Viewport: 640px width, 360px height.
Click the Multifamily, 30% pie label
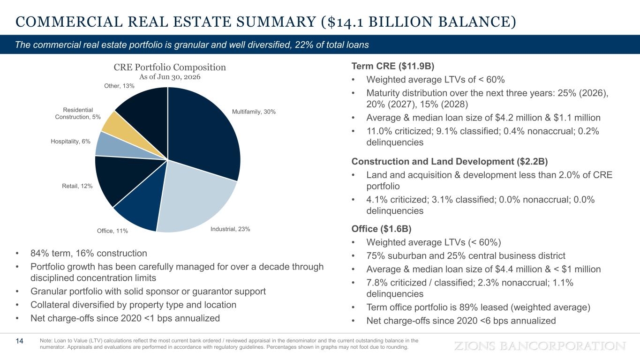(254, 112)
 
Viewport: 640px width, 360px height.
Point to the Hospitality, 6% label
(70, 142)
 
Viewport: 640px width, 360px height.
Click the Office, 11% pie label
(112, 231)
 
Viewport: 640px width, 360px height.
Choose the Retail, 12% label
(77, 186)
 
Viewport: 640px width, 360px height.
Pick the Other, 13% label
(119, 86)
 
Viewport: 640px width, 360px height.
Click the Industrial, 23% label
(230, 229)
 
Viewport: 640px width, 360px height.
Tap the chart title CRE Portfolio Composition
(170, 67)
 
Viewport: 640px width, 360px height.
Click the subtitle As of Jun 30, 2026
(170, 77)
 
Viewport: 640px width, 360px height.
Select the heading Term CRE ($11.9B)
(393, 66)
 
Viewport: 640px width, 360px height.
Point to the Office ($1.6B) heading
(382, 229)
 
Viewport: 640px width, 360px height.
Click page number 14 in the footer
(19, 341)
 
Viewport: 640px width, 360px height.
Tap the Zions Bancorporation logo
(540, 346)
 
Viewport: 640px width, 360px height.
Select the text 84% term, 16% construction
(89, 253)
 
